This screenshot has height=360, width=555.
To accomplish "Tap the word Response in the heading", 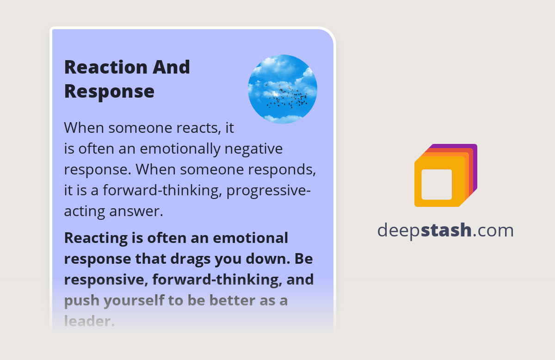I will click(109, 91).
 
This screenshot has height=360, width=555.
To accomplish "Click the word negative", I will click(255, 149).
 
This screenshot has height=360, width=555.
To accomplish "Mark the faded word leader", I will click(89, 321).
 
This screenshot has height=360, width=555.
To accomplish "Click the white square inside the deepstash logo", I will click(437, 184).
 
